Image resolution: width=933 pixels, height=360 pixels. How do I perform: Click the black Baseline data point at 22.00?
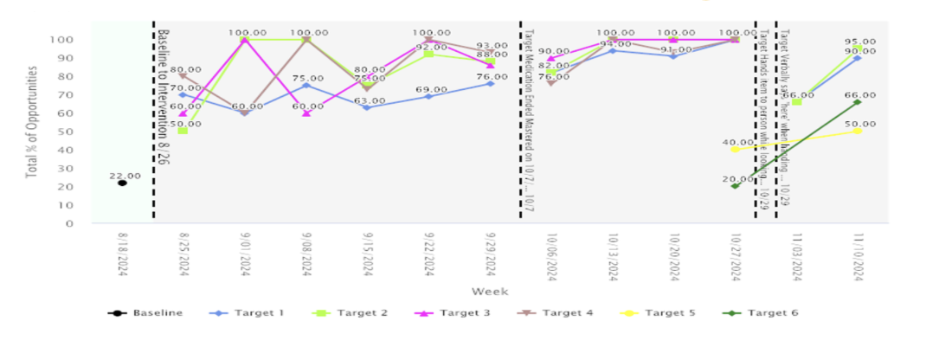click(x=122, y=183)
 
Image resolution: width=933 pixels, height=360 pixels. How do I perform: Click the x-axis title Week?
click(x=490, y=291)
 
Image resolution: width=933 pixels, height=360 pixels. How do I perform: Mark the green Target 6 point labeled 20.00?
click(x=735, y=186)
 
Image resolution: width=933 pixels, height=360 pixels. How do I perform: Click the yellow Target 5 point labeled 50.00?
click(x=857, y=132)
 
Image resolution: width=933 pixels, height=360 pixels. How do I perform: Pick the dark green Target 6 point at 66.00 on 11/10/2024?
click(x=857, y=102)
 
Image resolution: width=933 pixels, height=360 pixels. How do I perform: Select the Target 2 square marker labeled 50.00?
click(x=183, y=131)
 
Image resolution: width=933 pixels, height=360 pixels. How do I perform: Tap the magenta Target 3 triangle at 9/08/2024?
click(x=306, y=113)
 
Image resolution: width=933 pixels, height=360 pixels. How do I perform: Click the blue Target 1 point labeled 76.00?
click(x=490, y=83)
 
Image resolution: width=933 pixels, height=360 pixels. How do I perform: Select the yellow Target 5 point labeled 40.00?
click(x=735, y=150)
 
